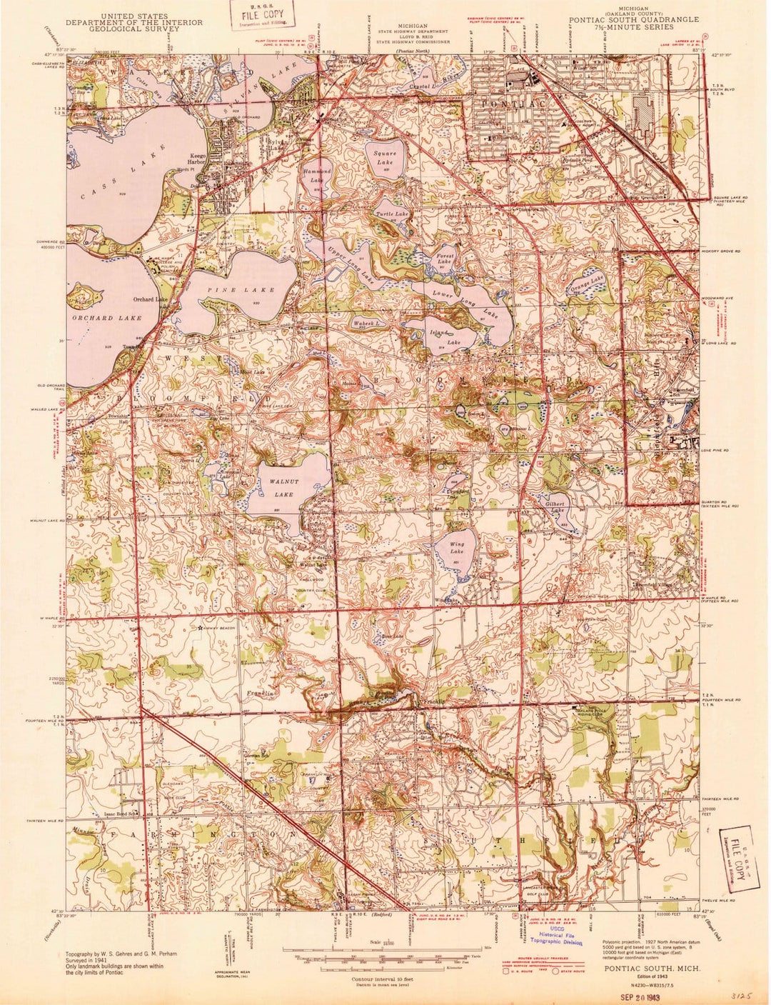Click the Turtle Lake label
coord(393,214)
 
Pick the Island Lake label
coord(438,337)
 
